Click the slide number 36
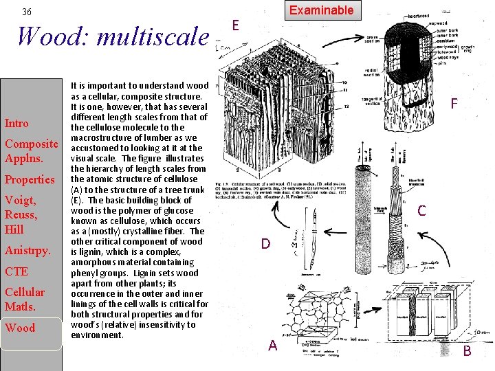(27, 12)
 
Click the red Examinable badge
(321, 10)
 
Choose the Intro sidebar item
(16, 124)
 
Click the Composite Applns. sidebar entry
(31, 151)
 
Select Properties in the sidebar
(30, 180)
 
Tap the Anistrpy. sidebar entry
(27, 251)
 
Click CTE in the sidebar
(16, 272)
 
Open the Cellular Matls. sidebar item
(25, 300)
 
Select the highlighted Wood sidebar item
(20, 328)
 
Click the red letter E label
(235, 25)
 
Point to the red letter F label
(454, 104)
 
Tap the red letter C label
(421, 212)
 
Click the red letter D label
(265, 243)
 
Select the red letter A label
(272, 346)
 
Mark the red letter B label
(467, 351)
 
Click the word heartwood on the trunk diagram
(418, 16)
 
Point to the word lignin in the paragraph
(87, 252)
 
